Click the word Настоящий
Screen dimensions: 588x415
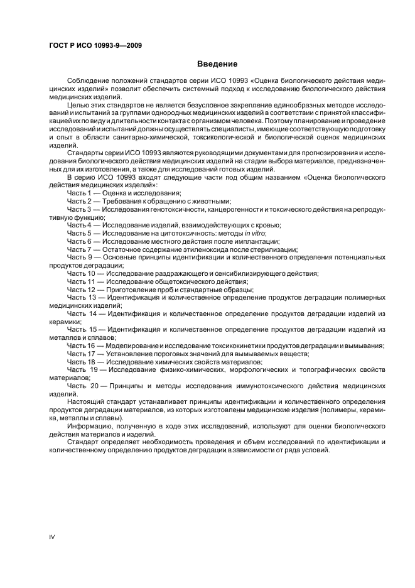point(85,401)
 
